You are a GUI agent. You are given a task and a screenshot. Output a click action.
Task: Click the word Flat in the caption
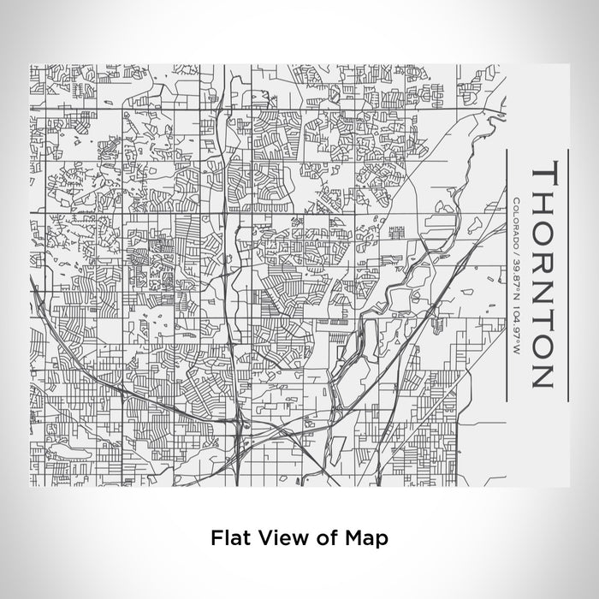[227, 537]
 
